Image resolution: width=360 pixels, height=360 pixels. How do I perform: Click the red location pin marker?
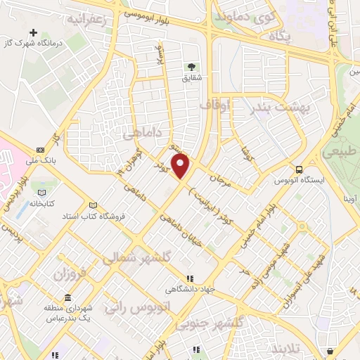point(181,167)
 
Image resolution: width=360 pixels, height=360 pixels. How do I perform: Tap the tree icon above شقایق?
point(191,67)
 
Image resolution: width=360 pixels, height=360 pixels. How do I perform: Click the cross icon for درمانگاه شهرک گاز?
point(34,33)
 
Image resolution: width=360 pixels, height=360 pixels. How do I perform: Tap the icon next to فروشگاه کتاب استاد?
point(93,205)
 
